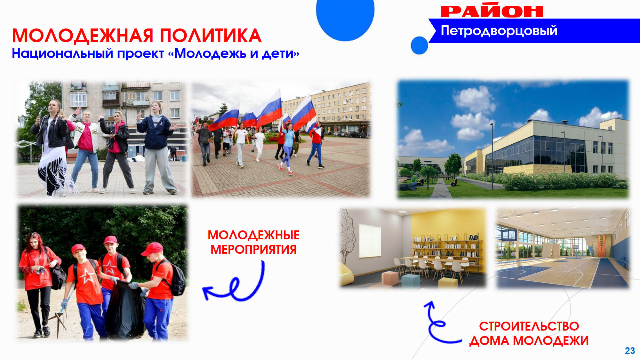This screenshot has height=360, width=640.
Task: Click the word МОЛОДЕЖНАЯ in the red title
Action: pyautogui.click(x=83, y=36)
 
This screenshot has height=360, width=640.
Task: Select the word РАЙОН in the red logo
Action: pyautogui.click(x=492, y=11)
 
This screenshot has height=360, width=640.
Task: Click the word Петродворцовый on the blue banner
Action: pyautogui.click(x=499, y=31)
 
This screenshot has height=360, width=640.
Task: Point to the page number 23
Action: pyautogui.click(x=630, y=351)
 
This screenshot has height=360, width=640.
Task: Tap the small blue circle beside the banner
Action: pyautogui.click(x=419, y=45)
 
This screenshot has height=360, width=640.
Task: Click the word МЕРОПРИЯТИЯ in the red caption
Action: pyautogui.click(x=253, y=250)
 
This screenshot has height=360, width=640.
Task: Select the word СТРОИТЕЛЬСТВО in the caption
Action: pyautogui.click(x=529, y=326)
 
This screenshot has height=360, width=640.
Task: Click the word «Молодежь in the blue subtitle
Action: pyautogui.click(x=210, y=53)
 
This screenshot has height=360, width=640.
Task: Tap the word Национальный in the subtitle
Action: pyautogui.click(x=62, y=53)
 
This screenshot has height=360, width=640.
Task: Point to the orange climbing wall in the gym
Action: pyautogui.click(x=601, y=246)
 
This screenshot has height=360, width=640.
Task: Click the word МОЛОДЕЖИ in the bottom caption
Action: pyautogui.click(x=551, y=341)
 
